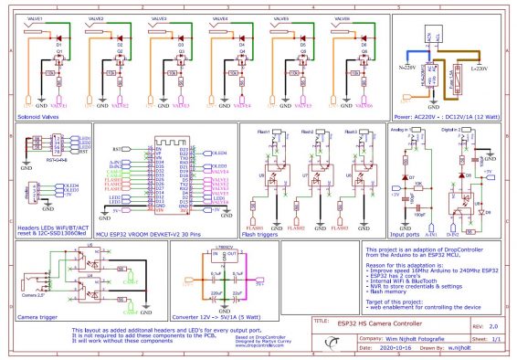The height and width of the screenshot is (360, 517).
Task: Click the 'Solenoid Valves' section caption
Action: [38, 117]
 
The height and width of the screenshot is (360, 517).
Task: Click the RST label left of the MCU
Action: [117, 148]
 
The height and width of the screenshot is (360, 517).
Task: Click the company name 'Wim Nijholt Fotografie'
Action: [388, 338]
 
